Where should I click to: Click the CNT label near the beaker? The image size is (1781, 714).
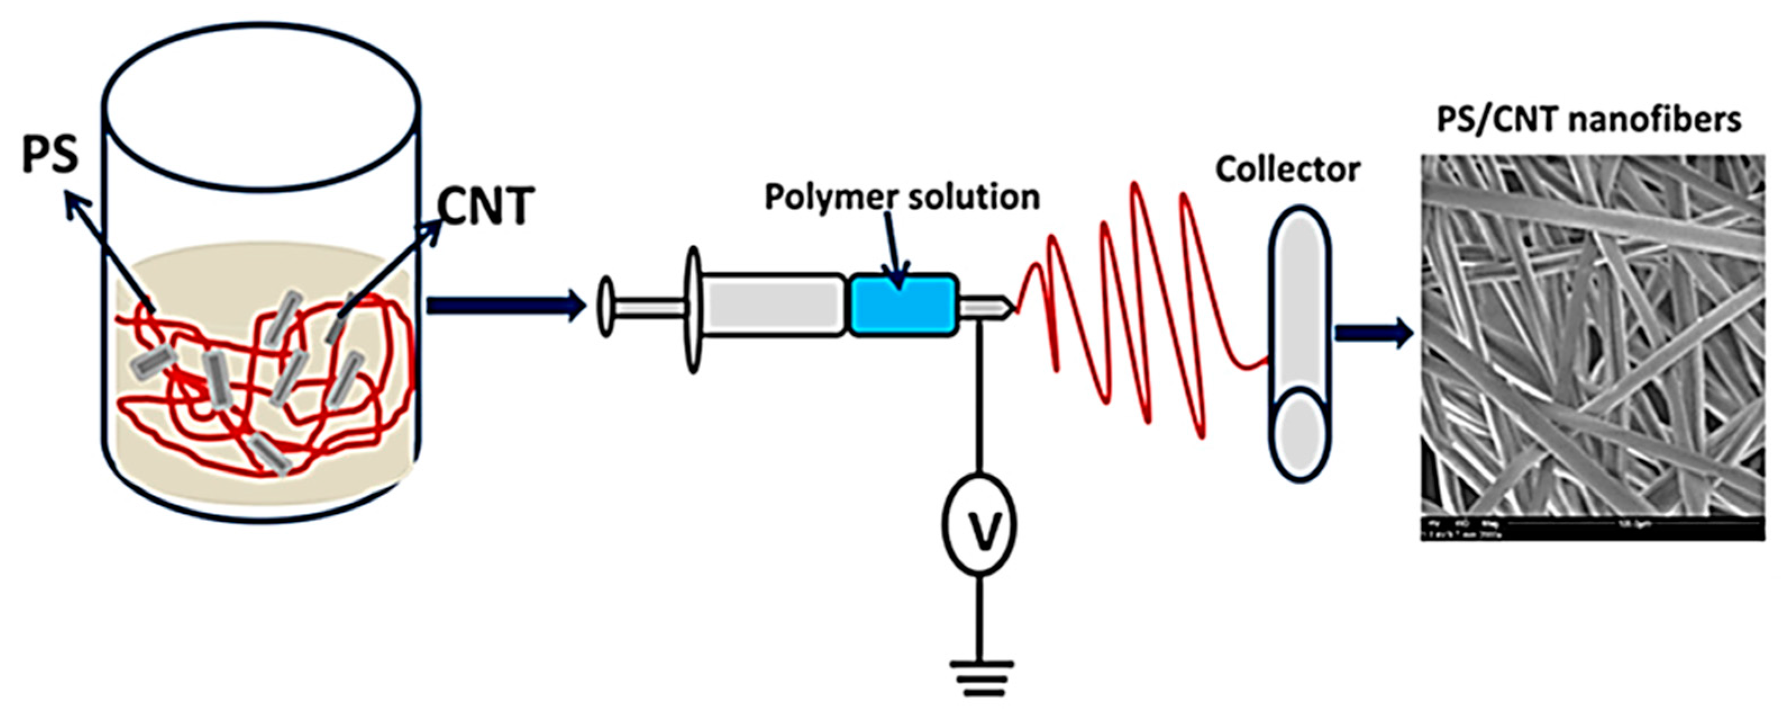pyautogui.click(x=486, y=206)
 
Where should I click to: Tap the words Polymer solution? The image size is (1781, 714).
pyautogui.click(x=901, y=197)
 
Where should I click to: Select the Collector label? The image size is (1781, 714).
pyautogui.click(x=1288, y=169)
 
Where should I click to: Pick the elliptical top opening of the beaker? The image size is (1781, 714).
pyautogui.click(x=261, y=109)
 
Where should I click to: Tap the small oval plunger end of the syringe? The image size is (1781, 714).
pyautogui.click(x=605, y=306)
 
